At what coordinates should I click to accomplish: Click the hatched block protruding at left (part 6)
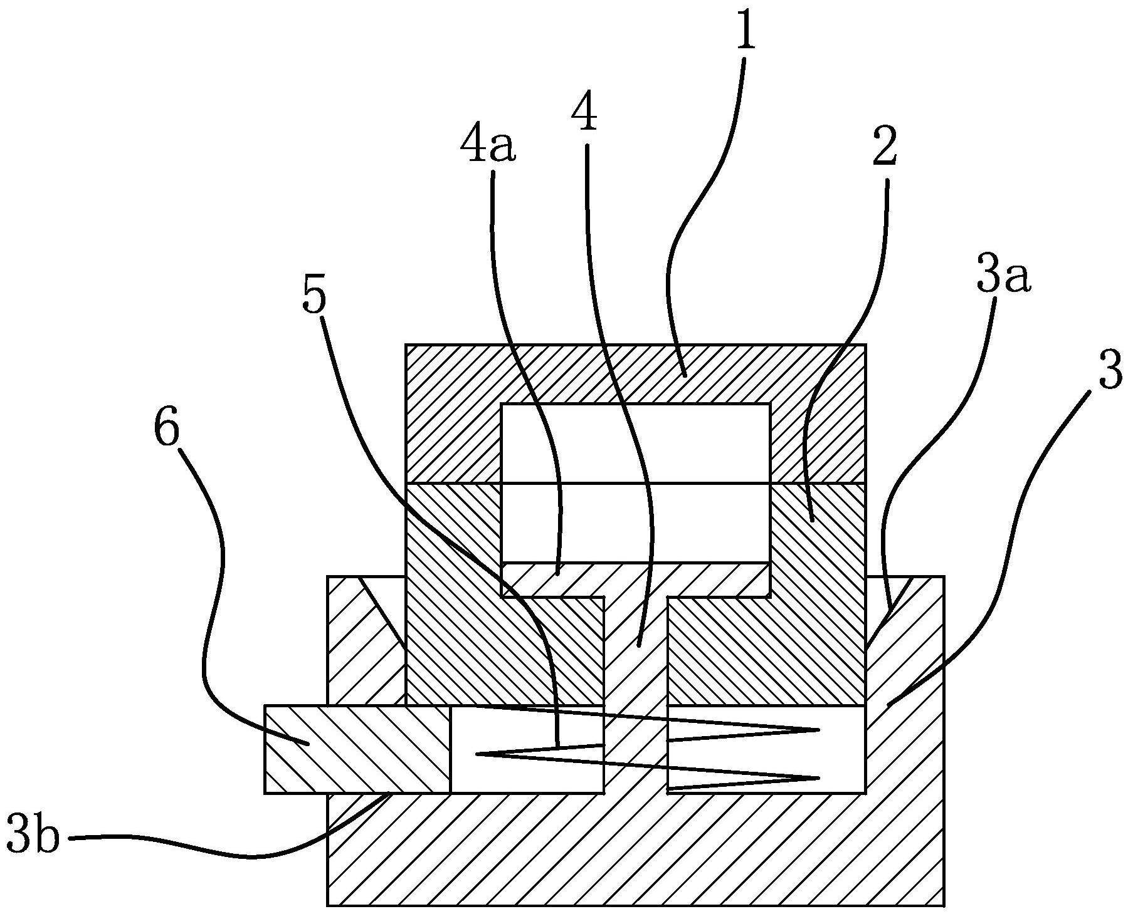pos(357,749)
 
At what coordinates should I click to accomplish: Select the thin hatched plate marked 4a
pos(635,579)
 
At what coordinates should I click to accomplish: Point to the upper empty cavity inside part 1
pos(635,444)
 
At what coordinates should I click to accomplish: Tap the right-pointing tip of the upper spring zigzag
pos(820,730)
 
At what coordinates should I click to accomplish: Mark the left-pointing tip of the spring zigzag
pos(477,755)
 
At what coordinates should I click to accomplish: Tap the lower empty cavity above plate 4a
pos(635,522)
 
